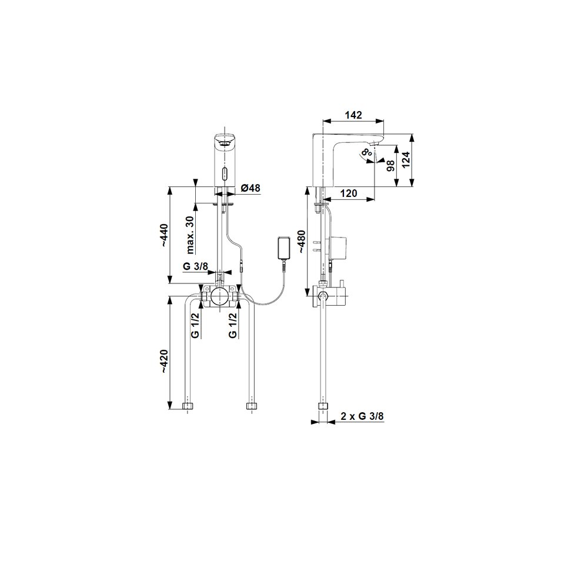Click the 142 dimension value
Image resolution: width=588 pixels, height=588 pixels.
click(x=353, y=115)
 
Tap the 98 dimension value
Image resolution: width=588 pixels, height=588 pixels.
click(x=390, y=166)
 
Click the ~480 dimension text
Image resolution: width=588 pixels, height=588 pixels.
click(x=301, y=242)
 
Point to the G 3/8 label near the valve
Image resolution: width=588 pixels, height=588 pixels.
click(x=195, y=266)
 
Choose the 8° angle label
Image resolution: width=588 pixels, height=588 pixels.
click(x=366, y=152)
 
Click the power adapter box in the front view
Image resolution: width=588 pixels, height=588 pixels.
click(x=285, y=248)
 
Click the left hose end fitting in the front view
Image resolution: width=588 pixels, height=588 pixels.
click(x=188, y=406)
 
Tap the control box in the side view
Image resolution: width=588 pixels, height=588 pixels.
click(x=339, y=246)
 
